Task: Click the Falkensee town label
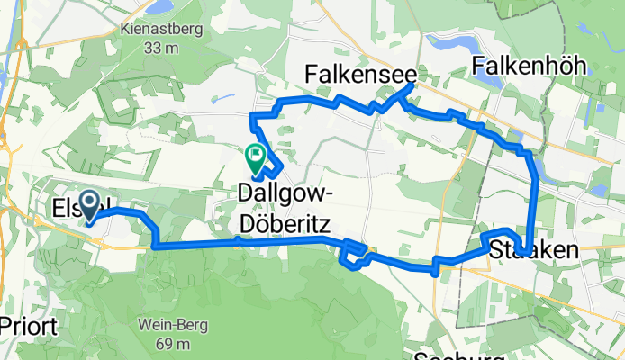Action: (358, 74)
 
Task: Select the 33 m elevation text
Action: (160, 47)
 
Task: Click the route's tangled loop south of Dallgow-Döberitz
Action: (353, 253)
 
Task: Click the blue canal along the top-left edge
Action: (15, 54)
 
